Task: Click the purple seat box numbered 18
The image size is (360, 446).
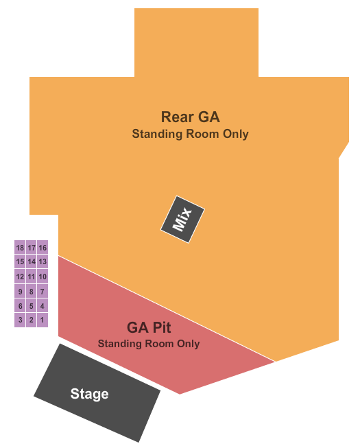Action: (20, 247)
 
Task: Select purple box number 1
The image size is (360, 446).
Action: (43, 320)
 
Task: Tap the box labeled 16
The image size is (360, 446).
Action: (43, 247)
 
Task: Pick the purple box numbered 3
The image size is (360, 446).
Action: (20, 320)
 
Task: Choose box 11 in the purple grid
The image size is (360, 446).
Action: (32, 277)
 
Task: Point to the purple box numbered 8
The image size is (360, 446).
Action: (32, 291)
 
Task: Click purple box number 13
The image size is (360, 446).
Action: (43, 261)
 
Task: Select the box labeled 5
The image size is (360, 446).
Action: (32, 305)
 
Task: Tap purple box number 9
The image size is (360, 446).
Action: (20, 291)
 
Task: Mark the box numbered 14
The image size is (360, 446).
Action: (32, 261)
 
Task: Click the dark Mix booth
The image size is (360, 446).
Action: (182, 220)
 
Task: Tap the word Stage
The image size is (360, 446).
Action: (90, 394)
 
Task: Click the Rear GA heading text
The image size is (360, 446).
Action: (190, 117)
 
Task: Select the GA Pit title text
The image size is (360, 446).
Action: (149, 327)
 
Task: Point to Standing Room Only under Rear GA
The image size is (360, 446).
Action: (190, 134)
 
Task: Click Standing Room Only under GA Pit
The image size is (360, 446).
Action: (149, 344)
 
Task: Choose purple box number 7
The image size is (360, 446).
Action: (43, 291)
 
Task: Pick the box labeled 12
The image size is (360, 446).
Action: (20, 277)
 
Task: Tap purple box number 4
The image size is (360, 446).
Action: (43, 305)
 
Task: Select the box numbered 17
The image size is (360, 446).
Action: (32, 247)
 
